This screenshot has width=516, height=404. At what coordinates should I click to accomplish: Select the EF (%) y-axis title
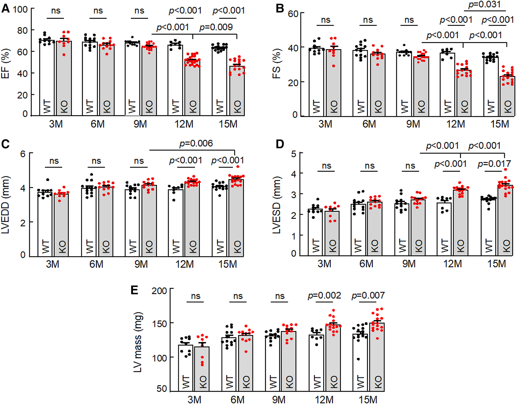point(6,64)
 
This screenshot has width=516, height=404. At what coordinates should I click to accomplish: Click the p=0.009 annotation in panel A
point(216,27)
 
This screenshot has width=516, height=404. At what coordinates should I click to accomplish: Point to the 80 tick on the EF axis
point(22,30)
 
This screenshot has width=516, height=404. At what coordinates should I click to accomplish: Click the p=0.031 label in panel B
point(484,4)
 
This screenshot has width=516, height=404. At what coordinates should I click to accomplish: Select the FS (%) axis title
point(276,64)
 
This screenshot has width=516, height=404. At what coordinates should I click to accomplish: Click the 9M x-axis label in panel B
point(413,124)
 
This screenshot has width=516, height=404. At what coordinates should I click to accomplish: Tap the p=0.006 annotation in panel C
point(196,144)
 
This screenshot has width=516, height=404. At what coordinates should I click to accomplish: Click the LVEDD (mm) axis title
point(6,204)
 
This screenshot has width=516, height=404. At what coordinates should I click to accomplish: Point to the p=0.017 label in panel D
point(494,164)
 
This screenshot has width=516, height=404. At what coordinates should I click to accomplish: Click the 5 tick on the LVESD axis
point(293,153)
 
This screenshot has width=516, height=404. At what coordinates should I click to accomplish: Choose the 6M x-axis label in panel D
point(366,264)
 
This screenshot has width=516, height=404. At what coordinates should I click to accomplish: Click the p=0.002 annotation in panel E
point(324,295)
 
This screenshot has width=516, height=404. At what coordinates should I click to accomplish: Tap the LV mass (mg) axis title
point(138,342)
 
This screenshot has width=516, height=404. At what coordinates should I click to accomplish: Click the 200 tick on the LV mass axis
point(159,291)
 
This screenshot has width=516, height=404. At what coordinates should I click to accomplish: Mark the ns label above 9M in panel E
point(280,296)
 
